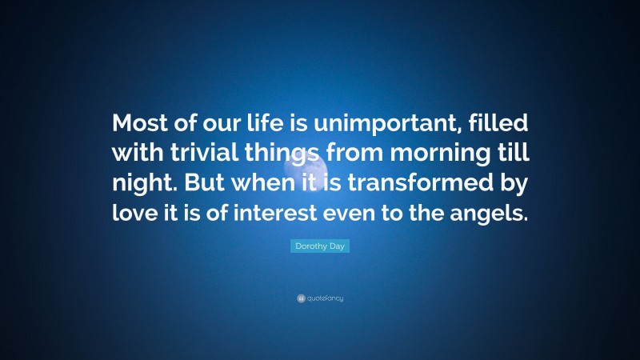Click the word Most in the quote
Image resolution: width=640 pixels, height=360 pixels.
coord(137,125)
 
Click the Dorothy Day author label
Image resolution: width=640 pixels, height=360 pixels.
coord(320,247)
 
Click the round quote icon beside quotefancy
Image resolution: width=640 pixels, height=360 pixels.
coord(300,298)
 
